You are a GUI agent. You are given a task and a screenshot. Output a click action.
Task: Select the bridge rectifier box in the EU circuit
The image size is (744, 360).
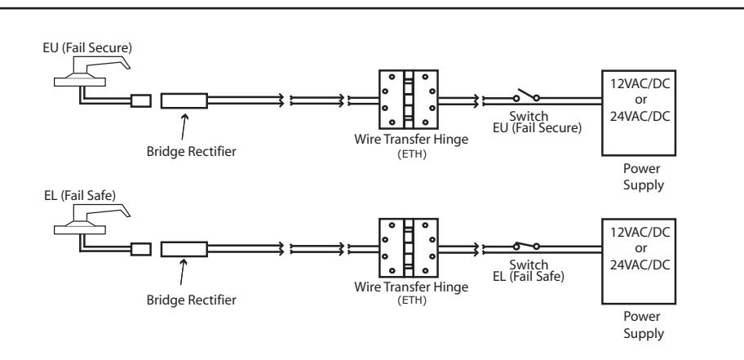coord(184,100)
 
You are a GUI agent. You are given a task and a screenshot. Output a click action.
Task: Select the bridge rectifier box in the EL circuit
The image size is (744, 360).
coord(184,249)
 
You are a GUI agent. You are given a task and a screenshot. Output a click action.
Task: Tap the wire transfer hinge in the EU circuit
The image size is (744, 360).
coord(408,100)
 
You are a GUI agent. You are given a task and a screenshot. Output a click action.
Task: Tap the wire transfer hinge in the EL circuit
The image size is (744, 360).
coord(408,248)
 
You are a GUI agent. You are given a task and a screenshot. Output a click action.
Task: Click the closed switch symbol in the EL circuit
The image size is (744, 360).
coord(526,245)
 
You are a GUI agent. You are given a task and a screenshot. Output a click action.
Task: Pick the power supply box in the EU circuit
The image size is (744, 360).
coord(639,113)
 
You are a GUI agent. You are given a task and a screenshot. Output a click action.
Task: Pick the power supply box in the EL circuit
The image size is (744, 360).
coord(639,261)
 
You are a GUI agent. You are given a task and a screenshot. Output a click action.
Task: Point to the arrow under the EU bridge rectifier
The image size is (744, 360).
coord(184,127)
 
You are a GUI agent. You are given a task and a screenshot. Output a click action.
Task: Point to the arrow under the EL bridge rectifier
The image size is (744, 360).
coord(184,272)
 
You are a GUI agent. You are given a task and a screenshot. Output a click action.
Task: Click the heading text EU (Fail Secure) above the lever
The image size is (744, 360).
coord(87,47)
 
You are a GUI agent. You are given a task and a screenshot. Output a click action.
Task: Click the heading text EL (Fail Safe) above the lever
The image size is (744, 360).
coord(80,196)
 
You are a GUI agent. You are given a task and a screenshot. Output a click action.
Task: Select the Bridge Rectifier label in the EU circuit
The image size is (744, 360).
coord(191,152)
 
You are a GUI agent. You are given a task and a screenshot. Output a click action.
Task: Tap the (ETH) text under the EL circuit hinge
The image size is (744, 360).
coord(412,300)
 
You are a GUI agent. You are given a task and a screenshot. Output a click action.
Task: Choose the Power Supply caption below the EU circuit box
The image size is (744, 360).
coord(643,176)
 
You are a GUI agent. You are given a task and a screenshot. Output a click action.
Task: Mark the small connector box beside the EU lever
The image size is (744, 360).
coord(141,100)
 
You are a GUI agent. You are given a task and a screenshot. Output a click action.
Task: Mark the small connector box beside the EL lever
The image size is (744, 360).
coord(141,249)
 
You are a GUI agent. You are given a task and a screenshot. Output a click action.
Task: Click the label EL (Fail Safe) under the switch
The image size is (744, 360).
coord(529,276)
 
